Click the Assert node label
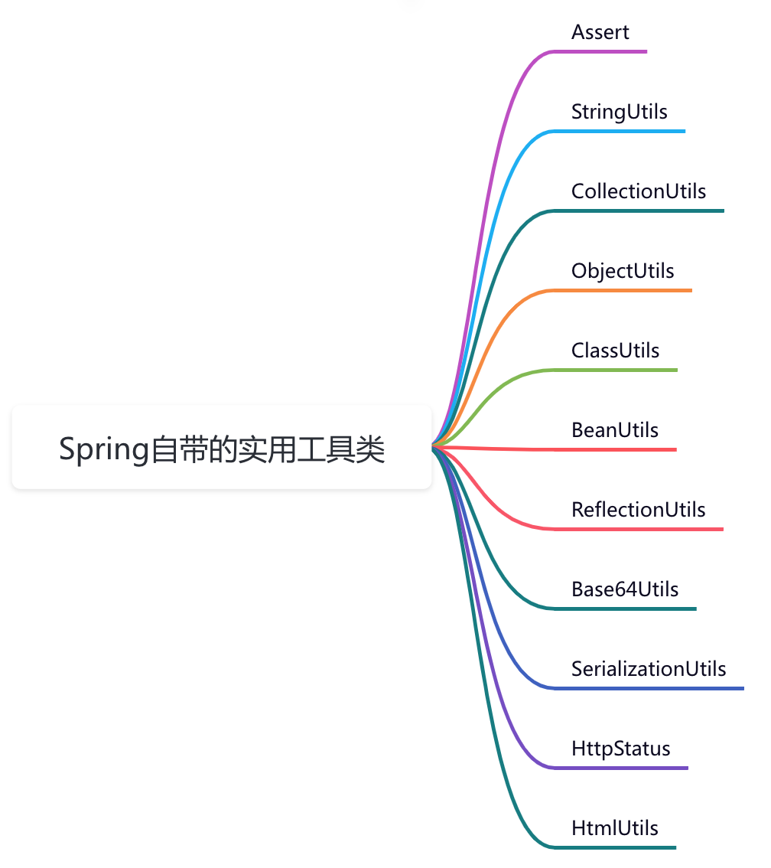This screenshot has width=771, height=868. [600, 32]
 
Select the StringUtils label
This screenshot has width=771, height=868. [619, 112]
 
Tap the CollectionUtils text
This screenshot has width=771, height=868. [639, 191]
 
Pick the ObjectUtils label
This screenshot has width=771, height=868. [623, 271]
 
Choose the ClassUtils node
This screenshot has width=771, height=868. [615, 351]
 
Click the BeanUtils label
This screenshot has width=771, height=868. [614, 430]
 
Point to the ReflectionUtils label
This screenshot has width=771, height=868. [638, 510]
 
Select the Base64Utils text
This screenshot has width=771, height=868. [625, 589]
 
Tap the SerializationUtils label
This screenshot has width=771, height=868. [649, 669]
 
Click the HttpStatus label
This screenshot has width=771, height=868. [620, 749]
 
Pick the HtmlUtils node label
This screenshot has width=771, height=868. [614, 828]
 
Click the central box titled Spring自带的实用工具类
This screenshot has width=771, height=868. [222, 449]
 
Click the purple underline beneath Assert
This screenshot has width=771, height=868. [604, 51]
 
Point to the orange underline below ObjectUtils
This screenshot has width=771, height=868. [627, 290]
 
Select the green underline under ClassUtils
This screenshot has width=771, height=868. [620, 370]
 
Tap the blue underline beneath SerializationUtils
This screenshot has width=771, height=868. [650, 688]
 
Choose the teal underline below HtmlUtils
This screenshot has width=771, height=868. [620, 847]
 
